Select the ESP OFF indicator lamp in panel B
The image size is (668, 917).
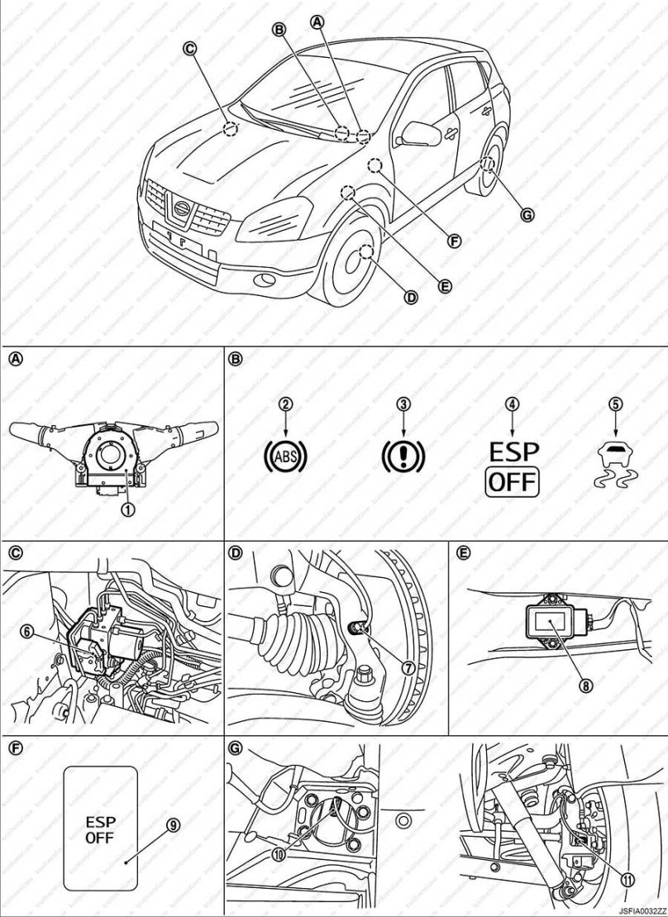tap(513, 467)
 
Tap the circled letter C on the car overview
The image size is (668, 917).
tap(189, 49)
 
